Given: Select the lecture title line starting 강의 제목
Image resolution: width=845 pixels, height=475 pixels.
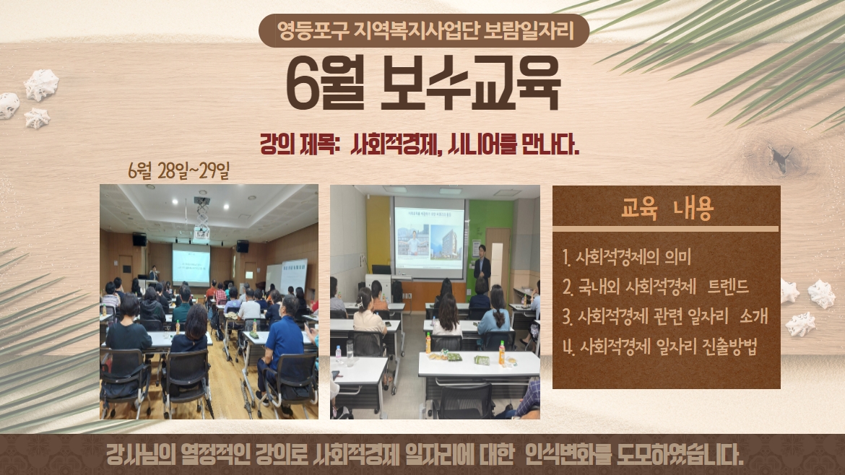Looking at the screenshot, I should pyautogui.click(x=420, y=147).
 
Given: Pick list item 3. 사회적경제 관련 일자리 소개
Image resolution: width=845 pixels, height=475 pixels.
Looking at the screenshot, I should pyautogui.click(x=664, y=317).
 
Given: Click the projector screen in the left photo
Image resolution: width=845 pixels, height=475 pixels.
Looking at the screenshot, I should pyautogui.click(x=191, y=263).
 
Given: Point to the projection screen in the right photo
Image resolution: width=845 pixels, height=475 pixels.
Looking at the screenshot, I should pyautogui.click(x=429, y=237).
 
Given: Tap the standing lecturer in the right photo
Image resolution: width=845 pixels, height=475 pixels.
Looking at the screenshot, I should pyautogui.click(x=482, y=266).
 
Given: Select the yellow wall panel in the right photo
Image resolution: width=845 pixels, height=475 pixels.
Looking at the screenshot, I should pyautogui.click(x=377, y=231).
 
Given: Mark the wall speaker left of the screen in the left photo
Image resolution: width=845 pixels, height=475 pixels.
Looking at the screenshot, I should pyautogui.click(x=139, y=240).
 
